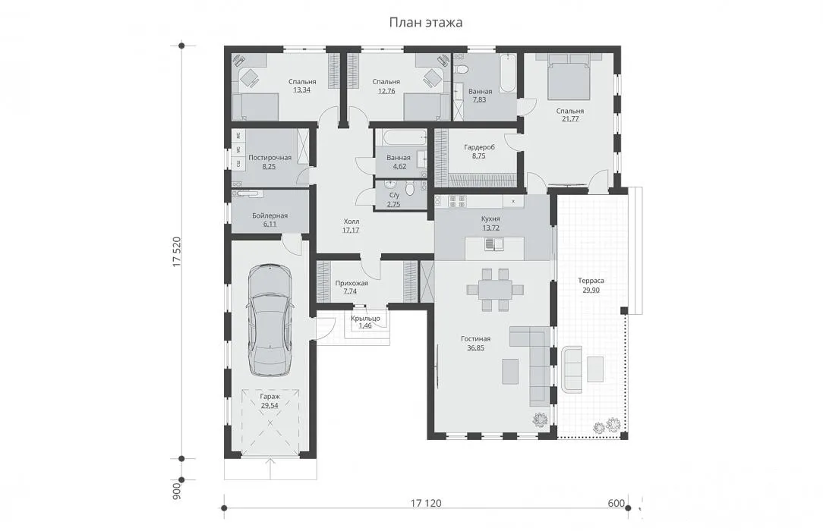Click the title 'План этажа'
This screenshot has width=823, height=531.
426,23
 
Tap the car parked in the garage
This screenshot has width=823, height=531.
270,320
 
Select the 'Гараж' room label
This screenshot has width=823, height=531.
270,397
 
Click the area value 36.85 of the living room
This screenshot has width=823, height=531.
475,347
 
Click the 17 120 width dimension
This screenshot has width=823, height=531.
426,503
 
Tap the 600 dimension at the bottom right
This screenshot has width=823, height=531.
616,503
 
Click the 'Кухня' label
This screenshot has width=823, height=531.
490,218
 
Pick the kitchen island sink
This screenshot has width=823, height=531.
494,244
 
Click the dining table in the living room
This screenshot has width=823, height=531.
495,289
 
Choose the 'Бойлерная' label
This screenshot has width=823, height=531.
270,215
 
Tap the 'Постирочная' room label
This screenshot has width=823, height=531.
270,158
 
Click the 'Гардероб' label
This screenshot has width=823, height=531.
479,147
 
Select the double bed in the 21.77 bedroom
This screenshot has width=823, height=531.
569,79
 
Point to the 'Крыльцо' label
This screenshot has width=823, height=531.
365,318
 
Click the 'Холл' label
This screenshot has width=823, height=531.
351,222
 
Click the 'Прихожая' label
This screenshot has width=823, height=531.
352,283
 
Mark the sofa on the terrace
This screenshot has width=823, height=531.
571,369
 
